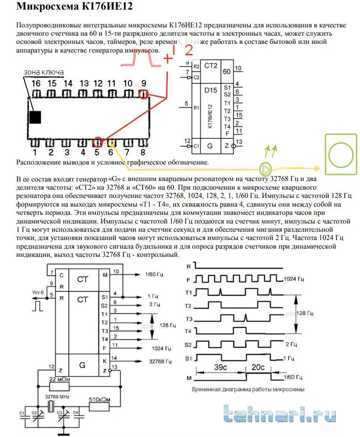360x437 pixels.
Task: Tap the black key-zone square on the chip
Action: click(x=35, y=117)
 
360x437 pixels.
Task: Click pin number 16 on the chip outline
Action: click(x=36, y=83)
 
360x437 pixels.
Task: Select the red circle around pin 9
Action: click(x=145, y=95)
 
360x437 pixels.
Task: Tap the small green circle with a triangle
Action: click(x=265, y=169)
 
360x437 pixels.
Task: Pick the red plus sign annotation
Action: click(x=168, y=59)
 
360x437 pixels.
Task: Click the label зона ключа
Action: click(x=43, y=73)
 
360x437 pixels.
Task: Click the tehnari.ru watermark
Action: click(x=279, y=415)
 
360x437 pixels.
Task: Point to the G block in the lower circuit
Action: click(x=82, y=365)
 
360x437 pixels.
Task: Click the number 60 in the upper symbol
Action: click(x=226, y=71)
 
